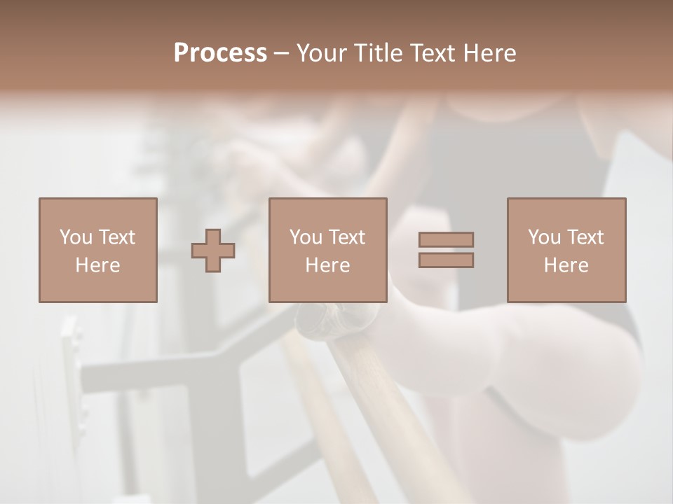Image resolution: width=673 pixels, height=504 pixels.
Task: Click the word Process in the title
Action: click(220, 53)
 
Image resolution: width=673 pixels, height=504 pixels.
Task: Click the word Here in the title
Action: click(491, 53)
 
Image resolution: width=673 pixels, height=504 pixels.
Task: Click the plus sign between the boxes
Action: click(213, 251)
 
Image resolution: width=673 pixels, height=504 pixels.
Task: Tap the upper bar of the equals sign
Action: click(446, 239)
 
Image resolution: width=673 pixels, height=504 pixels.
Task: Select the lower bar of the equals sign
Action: click(446, 260)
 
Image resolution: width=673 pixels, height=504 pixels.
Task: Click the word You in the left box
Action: click(75, 237)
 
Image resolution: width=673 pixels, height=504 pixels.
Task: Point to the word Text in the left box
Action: click(116, 237)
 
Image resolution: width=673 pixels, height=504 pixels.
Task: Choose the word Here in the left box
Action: click(97, 265)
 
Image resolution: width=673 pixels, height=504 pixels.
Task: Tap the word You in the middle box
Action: click(306, 237)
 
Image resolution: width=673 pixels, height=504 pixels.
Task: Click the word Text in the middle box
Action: click(347, 237)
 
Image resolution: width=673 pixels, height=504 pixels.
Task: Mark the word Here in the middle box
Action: click(327, 265)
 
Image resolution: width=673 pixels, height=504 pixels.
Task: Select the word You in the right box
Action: click(544, 237)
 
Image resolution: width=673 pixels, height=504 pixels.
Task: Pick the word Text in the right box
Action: click(585, 237)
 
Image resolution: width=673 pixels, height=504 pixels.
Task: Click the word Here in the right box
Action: click(566, 265)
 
